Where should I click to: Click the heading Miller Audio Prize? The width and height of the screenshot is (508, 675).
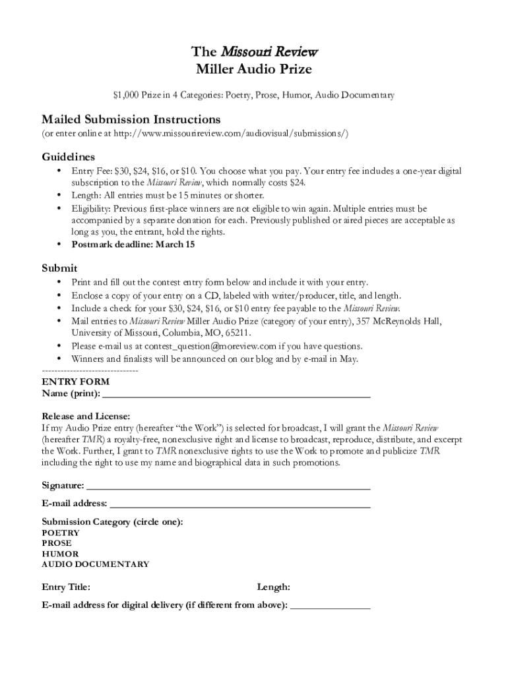click(x=253, y=69)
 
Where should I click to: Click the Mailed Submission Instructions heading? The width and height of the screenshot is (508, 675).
click(x=131, y=119)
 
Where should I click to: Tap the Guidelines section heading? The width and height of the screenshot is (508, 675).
click(x=69, y=157)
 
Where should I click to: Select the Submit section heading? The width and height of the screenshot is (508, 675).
click(x=59, y=268)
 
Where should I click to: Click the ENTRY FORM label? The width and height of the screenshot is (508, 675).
click(x=76, y=382)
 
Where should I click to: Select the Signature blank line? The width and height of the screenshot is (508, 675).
click(x=228, y=487)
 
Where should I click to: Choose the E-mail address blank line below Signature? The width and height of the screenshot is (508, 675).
click(x=239, y=505)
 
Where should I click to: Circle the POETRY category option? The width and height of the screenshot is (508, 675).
click(x=61, y=533)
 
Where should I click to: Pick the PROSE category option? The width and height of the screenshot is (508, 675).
click(x=57, y=543)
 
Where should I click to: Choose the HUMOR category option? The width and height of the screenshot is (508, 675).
click(x=60, y=554)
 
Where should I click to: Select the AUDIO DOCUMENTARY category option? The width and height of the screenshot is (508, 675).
click(x=96, y=564)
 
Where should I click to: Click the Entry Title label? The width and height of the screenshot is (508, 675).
click(x=66, y=587)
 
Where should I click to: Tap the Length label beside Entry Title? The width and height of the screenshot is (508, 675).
click(x=274, y=587)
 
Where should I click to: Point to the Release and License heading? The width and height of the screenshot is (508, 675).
click(x=86, y=417)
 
